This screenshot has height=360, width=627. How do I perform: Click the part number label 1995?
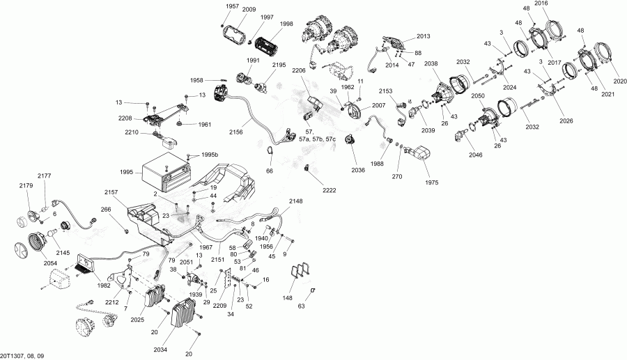point(127,172)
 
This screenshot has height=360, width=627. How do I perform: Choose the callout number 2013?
point(424,36)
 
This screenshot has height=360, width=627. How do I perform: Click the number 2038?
point(431,63)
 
